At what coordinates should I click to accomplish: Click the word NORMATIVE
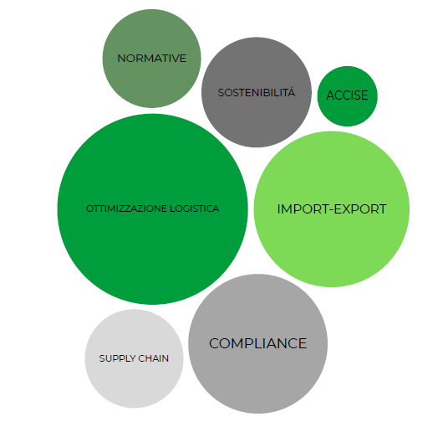coord(152,59)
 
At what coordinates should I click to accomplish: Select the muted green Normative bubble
coord(152,59)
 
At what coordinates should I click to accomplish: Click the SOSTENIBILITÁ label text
coord(257,92)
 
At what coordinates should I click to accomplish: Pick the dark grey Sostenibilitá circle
coord(257,92)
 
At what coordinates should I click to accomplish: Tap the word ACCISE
coord(347,95)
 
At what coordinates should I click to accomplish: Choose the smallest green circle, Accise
coord(347,96)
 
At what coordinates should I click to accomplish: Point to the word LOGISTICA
coord(195,208)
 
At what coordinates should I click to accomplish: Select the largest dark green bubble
coord(153,209)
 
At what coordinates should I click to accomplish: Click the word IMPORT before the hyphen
coord(300,209)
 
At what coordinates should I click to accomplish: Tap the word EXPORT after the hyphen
coord(360,209)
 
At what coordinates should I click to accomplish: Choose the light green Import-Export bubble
coord(332,209)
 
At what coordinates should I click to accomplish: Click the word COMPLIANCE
coord(258,343)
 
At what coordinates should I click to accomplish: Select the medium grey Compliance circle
coord(258,344)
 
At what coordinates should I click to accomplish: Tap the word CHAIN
coord(154,358)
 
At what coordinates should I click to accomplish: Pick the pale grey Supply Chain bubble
coord(135,358)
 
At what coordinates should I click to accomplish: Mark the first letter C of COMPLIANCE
coord(215,343)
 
